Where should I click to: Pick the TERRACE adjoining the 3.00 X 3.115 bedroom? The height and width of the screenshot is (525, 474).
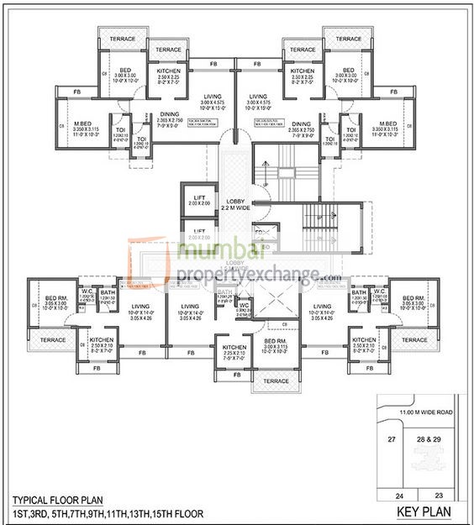(275, 381)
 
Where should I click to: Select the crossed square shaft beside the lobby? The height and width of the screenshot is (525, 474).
(275, 302)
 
